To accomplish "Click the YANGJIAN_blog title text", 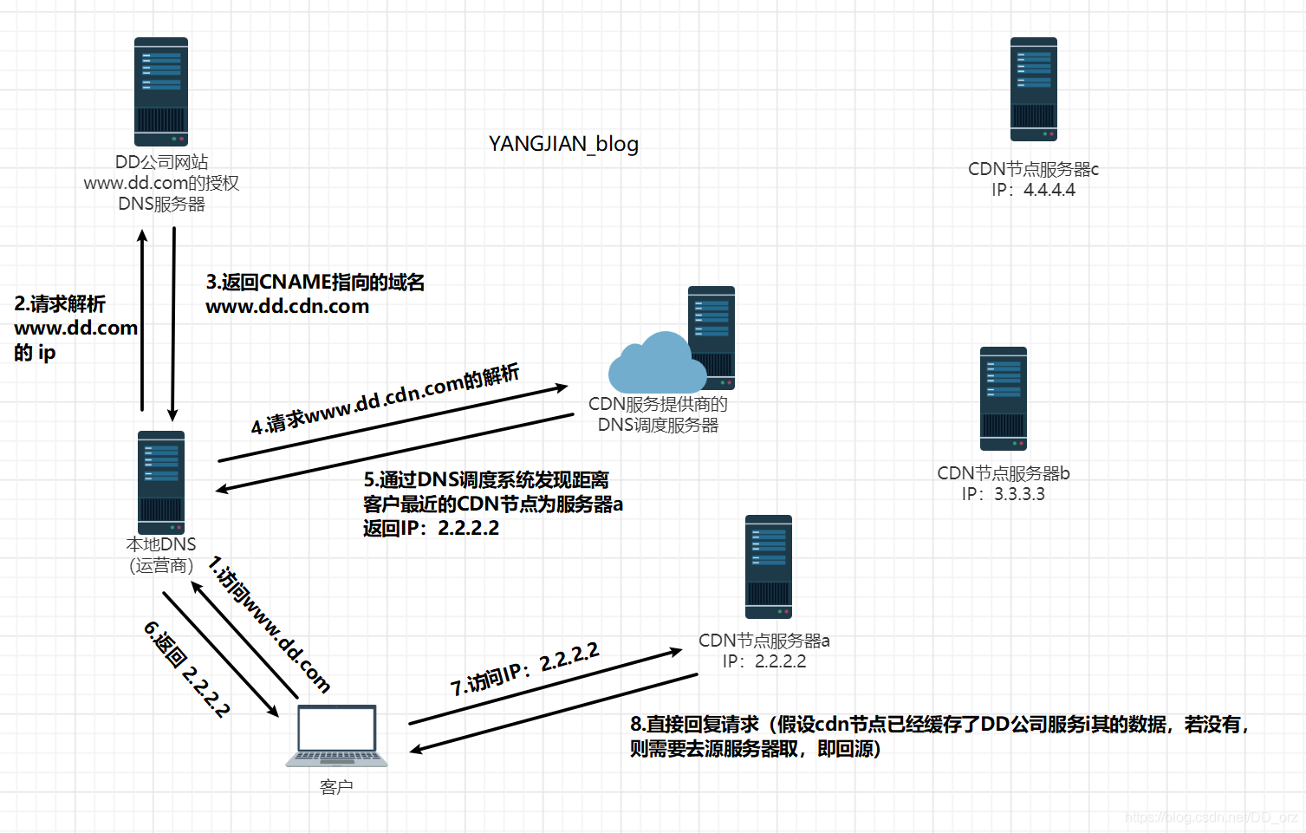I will [563, 144].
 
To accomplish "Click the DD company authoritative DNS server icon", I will [161, 92].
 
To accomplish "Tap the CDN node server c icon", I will [1033, 89].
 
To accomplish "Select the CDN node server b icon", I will [1003, 399].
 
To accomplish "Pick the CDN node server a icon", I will [769, 567].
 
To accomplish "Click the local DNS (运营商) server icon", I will [161, 482].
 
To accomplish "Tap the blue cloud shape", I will [654, 366].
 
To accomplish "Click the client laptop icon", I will [337, 735].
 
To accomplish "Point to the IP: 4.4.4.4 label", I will [1033, 190].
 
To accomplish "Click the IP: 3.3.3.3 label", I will [1003, 494].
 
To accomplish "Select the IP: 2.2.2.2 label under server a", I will [764, 661].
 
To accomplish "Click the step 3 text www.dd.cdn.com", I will [287, 307].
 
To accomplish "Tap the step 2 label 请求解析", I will [60, 304].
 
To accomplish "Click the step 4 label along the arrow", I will [385, 399].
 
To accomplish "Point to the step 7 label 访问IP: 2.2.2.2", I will [524, 669].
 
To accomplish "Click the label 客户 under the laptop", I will [336, 787].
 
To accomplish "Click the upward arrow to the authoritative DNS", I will [143, 321].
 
